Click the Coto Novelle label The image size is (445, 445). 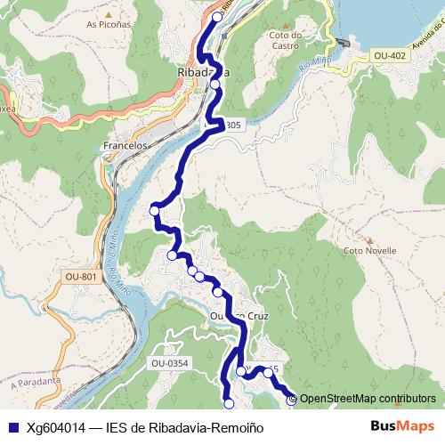coord(368,250)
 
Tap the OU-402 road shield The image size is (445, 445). coord(390,56)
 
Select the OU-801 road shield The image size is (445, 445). coord(81,278)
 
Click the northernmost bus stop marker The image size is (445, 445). coord(218,17)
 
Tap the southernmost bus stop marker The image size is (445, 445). coord(229,404)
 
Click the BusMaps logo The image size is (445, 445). coord(401,426)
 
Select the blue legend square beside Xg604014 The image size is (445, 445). coord(12,427)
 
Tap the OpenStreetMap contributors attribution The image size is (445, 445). coord(368,399)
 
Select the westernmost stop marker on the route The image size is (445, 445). coord(155,210)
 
